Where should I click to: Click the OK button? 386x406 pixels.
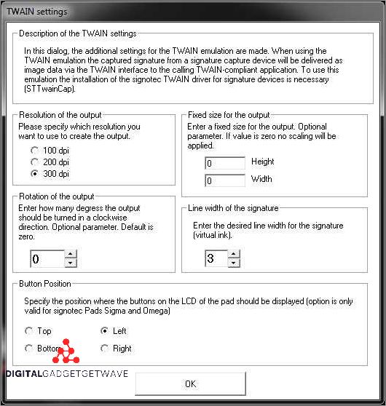point(190,383)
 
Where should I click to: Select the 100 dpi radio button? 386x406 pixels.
point(34,150)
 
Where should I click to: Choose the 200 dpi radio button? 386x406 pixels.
point(34,162)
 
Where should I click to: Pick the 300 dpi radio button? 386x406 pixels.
point(34,175)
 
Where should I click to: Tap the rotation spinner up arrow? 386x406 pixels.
point(70,255)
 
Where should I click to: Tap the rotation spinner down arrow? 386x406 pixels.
point(70,263)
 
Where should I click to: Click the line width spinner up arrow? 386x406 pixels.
point(233,255)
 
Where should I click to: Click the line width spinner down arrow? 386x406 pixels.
point(233,263)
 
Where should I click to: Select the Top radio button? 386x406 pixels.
point(29,331)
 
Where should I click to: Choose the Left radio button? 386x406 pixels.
point(105,331)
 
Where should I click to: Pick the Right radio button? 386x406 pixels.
point(105,349)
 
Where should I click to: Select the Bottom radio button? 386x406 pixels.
point(29,349)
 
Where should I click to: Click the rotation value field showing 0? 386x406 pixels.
point(47,259)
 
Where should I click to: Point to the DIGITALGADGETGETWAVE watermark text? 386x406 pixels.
point(67,374)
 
